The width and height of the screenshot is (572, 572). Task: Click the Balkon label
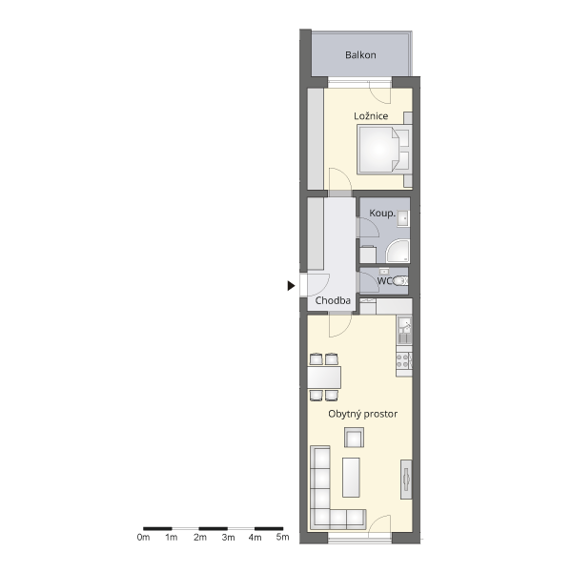(x=360, y=55)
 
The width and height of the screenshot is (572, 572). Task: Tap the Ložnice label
(x=371, y=116)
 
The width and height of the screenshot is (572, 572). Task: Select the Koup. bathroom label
(x=382, y=213)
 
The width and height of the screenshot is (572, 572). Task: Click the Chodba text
(x=333, y=300)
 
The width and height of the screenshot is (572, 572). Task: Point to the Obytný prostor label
(x=362, y=414)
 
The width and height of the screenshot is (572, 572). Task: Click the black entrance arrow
(x=291, y=286)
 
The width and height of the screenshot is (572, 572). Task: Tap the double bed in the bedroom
(x=385, y=149)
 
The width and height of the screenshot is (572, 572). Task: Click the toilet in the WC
(x=399, y=281)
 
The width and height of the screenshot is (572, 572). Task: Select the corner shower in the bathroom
(x=398, y=251)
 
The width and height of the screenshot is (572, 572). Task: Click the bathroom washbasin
(x=403, y=218)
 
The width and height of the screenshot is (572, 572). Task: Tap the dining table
(x=324, y=378)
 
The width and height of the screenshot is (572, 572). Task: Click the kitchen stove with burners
(x=404, y=360)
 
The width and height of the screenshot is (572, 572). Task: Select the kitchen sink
(x=404, y=330)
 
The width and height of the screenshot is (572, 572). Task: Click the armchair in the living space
(x=354, y=438)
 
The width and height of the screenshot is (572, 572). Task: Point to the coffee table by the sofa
(x=351, y=478)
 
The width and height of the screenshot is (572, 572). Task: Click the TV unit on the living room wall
(x=406, y=480)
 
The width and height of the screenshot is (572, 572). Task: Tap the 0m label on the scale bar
(x=143, y=538)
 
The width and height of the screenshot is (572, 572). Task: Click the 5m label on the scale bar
(x=283, y=537)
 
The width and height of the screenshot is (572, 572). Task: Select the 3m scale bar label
(x=228, y=538)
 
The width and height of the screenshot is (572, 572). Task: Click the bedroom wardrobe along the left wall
(x=316, y=139)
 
